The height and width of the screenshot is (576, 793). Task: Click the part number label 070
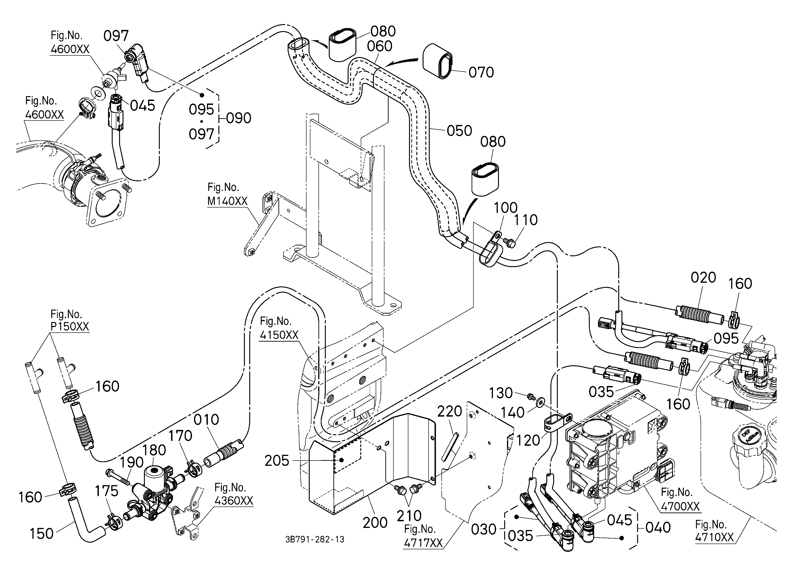[x=481, y=72]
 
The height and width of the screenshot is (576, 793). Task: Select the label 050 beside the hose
[x=459, y=131]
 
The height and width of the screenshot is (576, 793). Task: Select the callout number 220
[x=450, y=411]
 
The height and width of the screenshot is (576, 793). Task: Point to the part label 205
[x=277, y=461]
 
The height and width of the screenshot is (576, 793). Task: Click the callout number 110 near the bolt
[x=526, y=220]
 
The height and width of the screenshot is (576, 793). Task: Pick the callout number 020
[x=703, y=278]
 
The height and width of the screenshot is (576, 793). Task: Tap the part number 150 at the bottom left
[x=42, y=534]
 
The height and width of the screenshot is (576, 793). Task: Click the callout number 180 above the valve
[x=154, y=450]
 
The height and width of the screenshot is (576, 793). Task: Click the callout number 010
[x=206, y=420]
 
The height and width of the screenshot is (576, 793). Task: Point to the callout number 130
[x=501, y=393]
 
